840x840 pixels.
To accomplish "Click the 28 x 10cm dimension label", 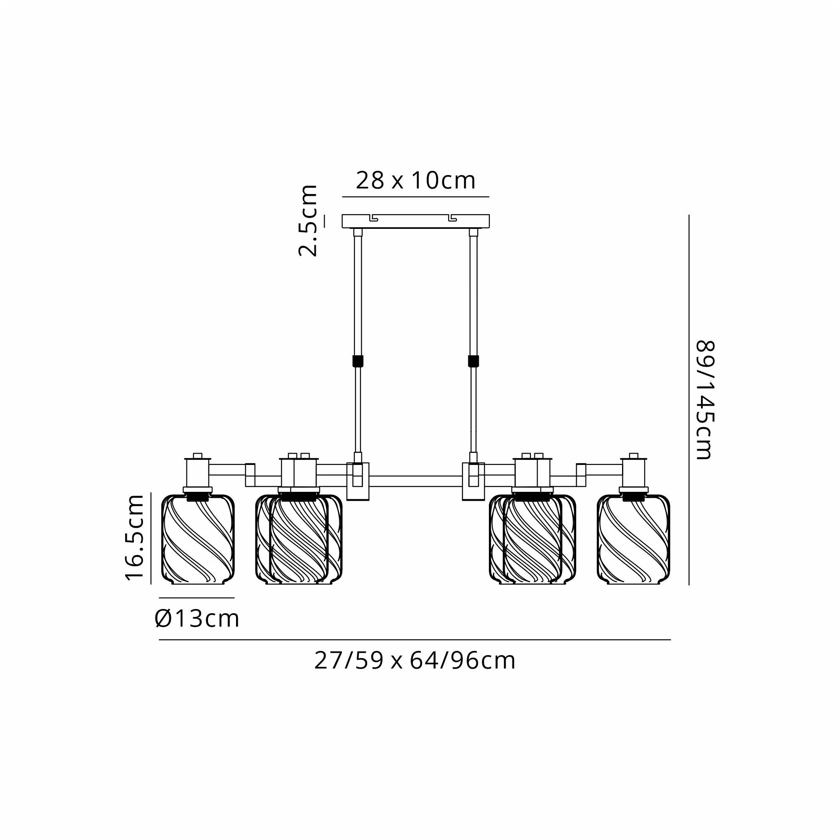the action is tap(416, 181).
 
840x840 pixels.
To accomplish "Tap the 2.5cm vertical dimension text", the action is tap(308, 220).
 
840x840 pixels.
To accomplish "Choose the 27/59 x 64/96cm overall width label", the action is tap(415, 660).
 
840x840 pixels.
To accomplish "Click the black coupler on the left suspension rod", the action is tap(358, 361).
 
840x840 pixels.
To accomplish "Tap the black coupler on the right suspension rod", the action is tap(473, 361).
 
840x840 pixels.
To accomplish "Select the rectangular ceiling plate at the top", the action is tap(416, 221).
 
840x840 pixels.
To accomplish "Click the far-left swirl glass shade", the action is tap(198, 539).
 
